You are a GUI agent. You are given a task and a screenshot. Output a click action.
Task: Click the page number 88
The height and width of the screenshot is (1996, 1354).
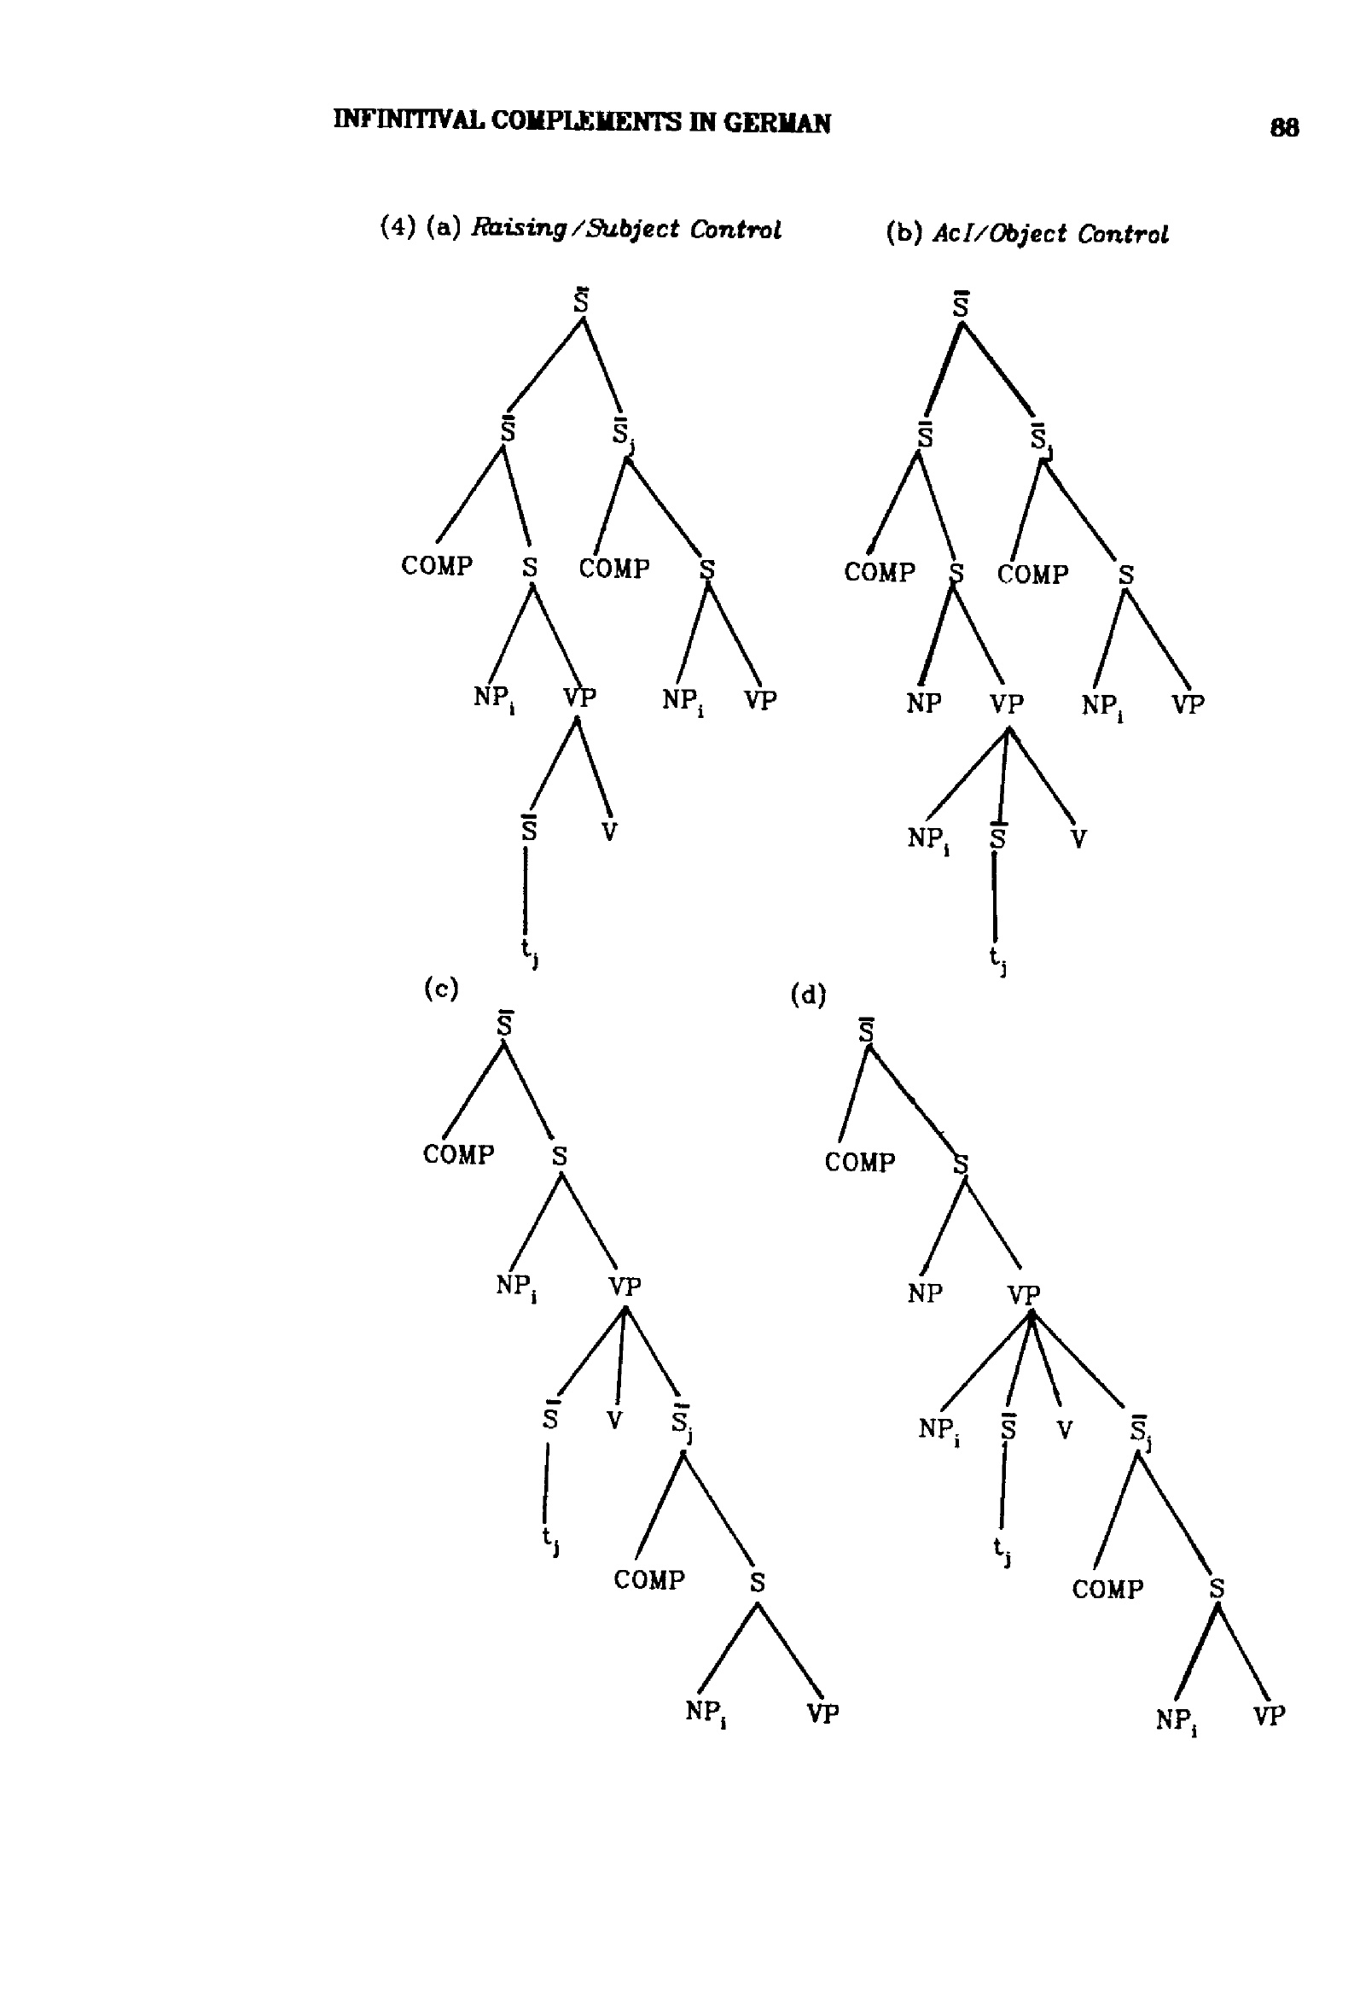coord(1283,128)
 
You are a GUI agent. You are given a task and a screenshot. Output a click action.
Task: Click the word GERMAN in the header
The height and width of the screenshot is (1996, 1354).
coord(777,124)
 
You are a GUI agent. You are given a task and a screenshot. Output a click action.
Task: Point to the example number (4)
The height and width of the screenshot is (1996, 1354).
coord(398,227)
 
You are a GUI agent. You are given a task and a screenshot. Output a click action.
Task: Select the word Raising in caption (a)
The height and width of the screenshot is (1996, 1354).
coord(520,230)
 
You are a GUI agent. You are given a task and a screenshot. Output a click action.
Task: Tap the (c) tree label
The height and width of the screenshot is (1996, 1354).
coord(441,989)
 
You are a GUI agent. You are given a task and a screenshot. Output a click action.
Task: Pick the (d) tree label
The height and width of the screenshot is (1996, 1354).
coord(808,995)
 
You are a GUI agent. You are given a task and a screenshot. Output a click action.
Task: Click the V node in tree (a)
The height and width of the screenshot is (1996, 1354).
coord(608,831)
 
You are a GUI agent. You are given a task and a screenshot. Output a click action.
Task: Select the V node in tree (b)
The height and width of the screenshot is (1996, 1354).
coord(1078,838)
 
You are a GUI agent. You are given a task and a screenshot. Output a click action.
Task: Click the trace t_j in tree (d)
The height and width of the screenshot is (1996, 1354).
coord(1001,1551)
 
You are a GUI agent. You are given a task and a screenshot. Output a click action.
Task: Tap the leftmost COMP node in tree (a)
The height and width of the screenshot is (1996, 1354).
coord(437,566)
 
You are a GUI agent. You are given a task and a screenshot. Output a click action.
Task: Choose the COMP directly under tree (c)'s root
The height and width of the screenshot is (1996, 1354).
coord(458,1154)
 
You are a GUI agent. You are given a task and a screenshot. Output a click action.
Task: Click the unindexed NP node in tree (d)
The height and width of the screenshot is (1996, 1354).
coord(925,1293)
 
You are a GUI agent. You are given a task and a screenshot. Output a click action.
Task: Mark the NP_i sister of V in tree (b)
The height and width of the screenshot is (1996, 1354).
coord(928,839)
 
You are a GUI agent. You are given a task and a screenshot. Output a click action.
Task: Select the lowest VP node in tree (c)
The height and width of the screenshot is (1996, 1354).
coord(822,1713)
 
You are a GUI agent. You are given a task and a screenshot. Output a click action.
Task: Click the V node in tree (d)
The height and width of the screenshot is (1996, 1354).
coord(1065,1429)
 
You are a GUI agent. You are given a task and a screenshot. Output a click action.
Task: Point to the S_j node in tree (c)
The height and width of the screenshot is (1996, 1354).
coord(683,1423)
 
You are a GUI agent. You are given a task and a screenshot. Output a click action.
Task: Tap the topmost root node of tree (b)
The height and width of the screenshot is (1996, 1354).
coord(961,303)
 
